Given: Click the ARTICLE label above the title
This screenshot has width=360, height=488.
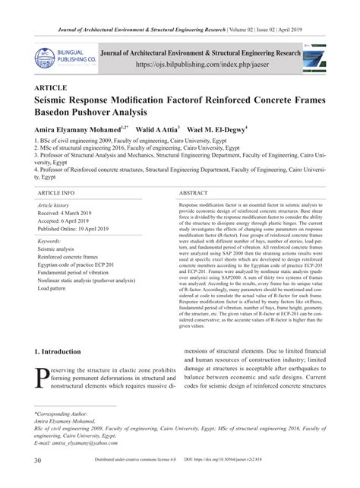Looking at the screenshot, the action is (x=52, y=88).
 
